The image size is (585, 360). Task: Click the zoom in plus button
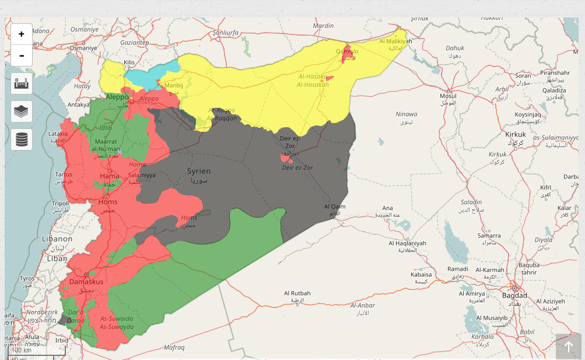(22, 34)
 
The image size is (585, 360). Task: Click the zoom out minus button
(22, 55)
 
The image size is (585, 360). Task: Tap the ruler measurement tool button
(22, 83)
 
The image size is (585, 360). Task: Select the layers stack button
(22, 111)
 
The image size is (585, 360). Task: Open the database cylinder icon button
(22, 139)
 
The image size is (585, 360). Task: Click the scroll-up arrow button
(568, 347)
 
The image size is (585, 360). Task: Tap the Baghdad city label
(514, 296)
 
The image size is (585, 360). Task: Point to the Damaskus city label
(86, 282)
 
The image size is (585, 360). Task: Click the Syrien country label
(199, 171)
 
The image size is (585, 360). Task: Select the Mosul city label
(448, 96)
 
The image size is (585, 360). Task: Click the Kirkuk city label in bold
(516, 134)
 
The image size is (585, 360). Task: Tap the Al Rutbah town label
(297, 293)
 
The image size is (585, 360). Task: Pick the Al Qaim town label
(335, 207)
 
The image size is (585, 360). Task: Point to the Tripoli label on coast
(60, 204)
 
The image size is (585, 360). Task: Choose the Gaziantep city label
(135, 43)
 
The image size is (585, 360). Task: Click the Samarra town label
(489, 235)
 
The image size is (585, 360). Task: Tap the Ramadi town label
(457, 268)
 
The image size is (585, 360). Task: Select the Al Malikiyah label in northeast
(395, 41)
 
